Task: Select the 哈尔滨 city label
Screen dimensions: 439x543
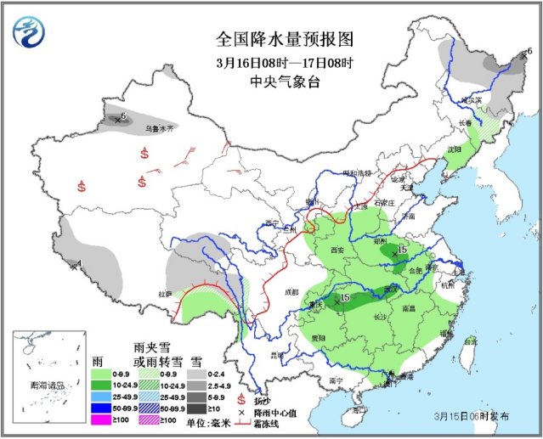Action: click(471, 100)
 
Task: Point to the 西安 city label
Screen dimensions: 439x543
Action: click(335, 250)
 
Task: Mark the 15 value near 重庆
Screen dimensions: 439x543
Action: click(345, 297)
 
